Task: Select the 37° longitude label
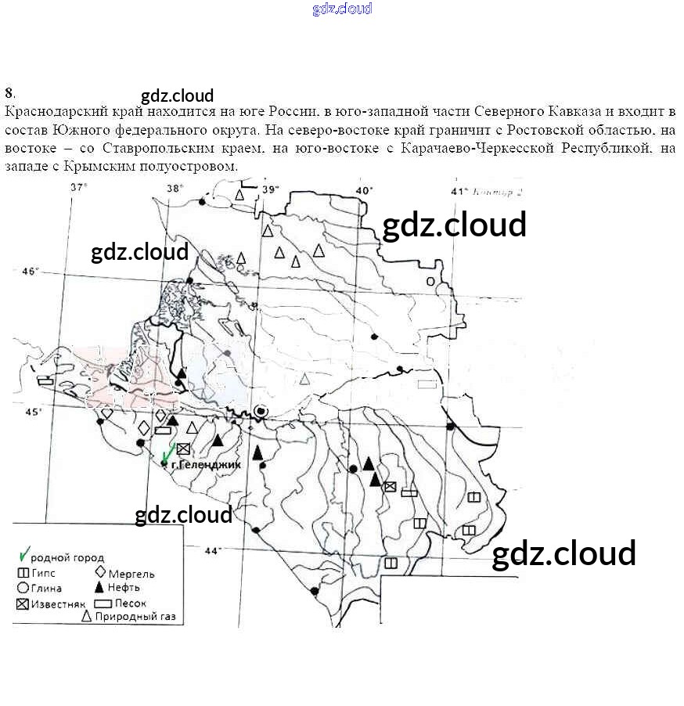(x=78, y=187)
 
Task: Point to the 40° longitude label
(x=365, y=190)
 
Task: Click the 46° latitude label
(x=30, y=272)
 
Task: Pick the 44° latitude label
(x=212, y=551)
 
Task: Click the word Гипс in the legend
(x=44, y=574)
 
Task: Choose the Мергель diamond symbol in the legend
(x=99, y=573)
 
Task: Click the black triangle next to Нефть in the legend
(x=99, y=588)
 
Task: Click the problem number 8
(x=8, y=92)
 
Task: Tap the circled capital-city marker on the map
(x=261, y=410)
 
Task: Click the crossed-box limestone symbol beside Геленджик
(x=183, y=448)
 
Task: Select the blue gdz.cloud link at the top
(x=342, y=9)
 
